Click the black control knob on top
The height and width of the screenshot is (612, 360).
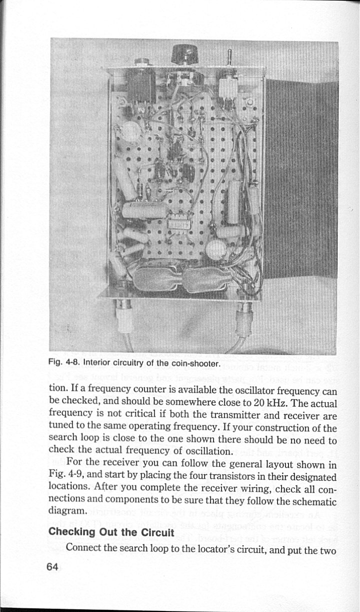pyautogui.click(x=183, y=54)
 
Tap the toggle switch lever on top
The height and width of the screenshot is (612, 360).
pyautogui.click(x=229, y=57)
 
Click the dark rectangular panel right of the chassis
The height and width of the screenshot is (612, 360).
pyautogui.click(x=300, y=180)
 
